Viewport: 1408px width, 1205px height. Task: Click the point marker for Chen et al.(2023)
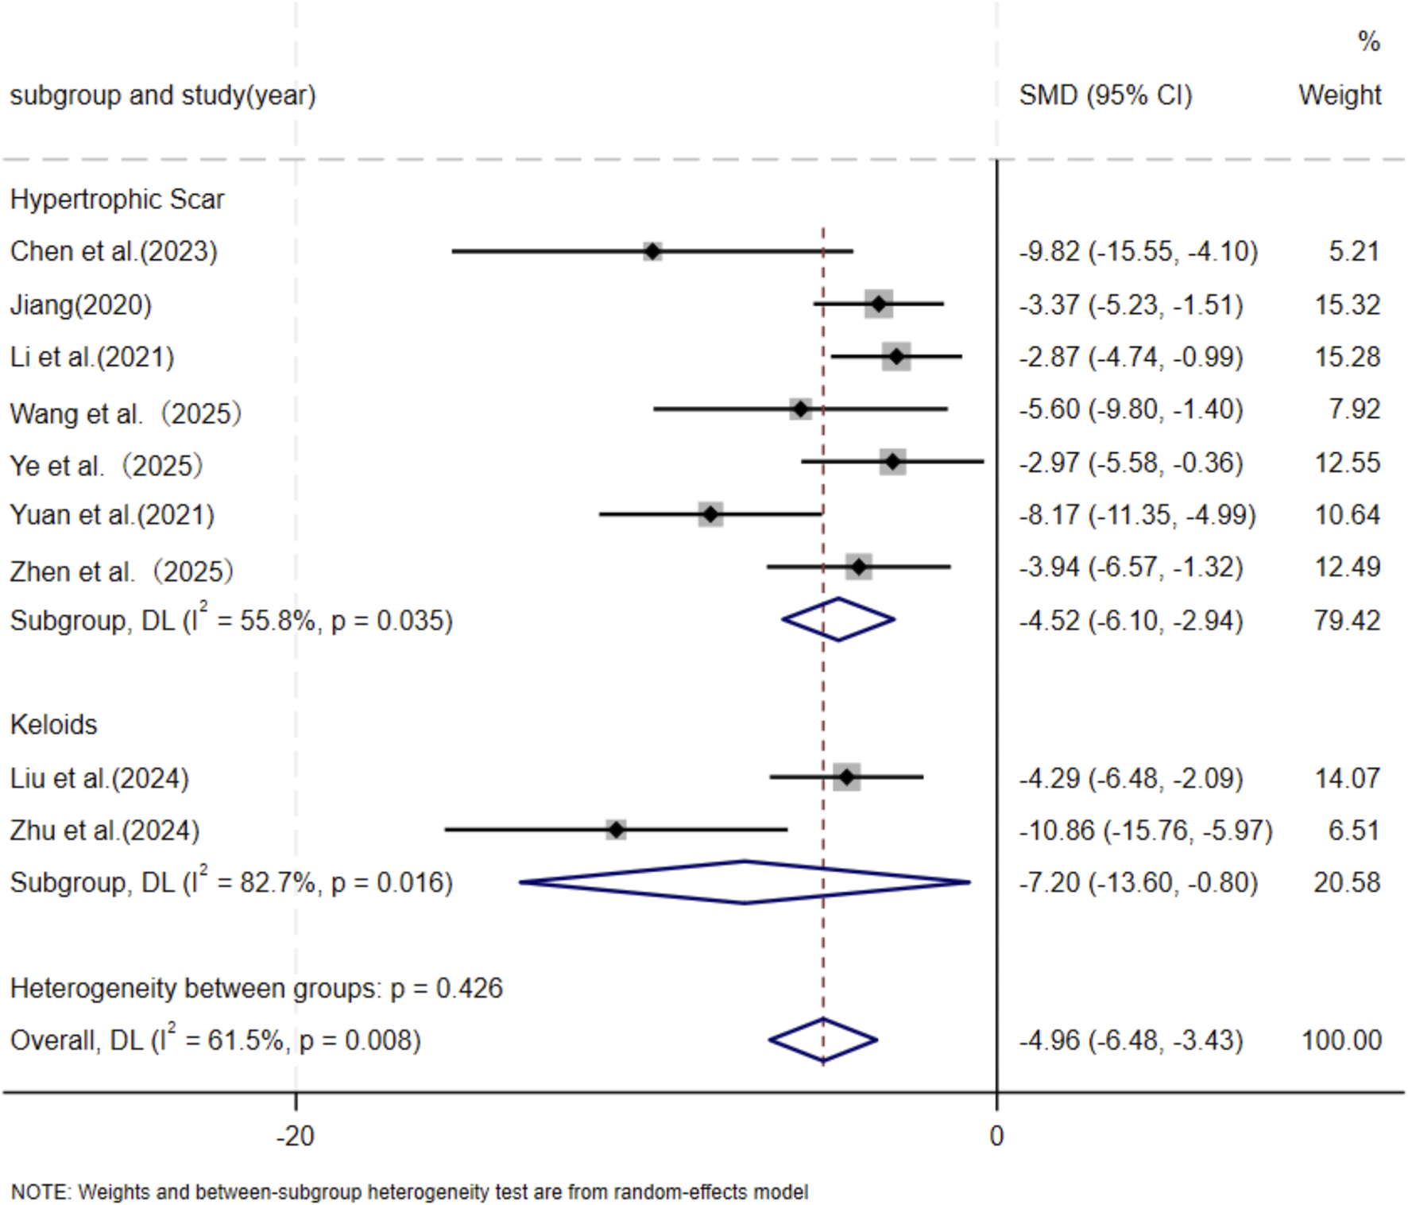coord(652,251)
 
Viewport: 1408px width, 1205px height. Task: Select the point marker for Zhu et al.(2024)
coord(616,830)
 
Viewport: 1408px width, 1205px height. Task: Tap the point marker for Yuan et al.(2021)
coord(710,514)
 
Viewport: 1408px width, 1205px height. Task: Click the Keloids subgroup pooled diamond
coord(745,882)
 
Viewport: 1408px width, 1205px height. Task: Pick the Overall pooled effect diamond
coord(823,1040)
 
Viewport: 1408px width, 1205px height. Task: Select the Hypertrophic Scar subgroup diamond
coord(838,619)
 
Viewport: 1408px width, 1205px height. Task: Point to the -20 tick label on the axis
coord(296,1137)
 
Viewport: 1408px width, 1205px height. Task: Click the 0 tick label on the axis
coord(996,1137)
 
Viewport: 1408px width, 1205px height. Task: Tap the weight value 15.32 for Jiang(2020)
coord(1347,304)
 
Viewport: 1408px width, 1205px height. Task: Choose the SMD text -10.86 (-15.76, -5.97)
coord(1145,831)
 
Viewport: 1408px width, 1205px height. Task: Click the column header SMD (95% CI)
coord(1105,95)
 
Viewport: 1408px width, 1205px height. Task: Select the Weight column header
coord(1340,95)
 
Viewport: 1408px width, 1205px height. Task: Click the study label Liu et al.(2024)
coord(99,777)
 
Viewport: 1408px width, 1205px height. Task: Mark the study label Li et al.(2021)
coord(91,357)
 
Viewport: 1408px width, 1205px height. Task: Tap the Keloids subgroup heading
coord(53,725)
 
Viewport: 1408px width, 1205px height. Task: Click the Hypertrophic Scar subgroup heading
coord(117,199)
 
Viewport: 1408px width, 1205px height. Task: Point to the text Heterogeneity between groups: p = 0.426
coord(256,988)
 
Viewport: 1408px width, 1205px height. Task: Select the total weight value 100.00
coord(1341,1040)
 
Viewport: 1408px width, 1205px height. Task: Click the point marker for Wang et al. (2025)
coord(800,409)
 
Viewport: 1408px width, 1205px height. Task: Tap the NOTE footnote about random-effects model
coord(409,1192)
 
